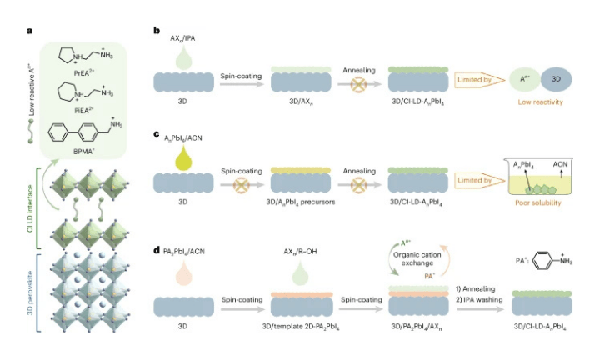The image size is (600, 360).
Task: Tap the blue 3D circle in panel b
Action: [x=559, y=81]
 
